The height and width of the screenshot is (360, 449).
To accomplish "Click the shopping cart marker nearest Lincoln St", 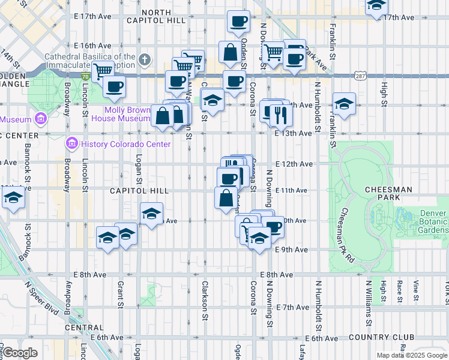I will point(104,70).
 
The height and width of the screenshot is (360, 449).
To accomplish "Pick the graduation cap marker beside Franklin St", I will point(344,104).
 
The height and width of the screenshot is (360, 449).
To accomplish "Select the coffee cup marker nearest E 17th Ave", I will point(238,22).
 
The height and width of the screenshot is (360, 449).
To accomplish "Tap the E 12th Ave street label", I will point(294,164).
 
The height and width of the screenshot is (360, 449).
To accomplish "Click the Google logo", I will point(20,353).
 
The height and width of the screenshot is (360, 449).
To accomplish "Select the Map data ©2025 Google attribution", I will point(411,355).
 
